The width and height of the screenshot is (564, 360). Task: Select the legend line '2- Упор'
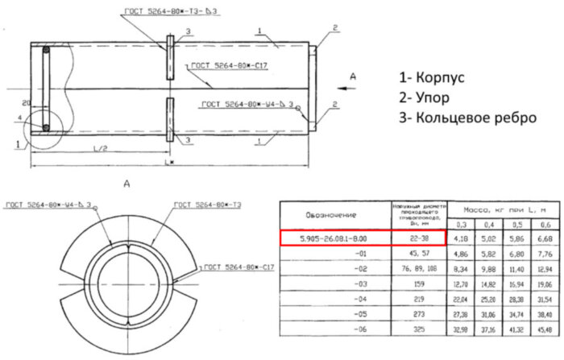point(432,97)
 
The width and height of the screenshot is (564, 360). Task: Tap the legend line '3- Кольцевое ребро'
point(467,118)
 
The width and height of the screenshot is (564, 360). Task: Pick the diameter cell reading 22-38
point(418,238)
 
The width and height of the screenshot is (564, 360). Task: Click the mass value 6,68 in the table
point(545,238)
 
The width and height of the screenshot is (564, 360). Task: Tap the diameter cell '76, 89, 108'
point(418,268)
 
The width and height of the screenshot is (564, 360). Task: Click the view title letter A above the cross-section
point(126,184)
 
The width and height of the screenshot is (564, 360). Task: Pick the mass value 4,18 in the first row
point(458,238)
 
